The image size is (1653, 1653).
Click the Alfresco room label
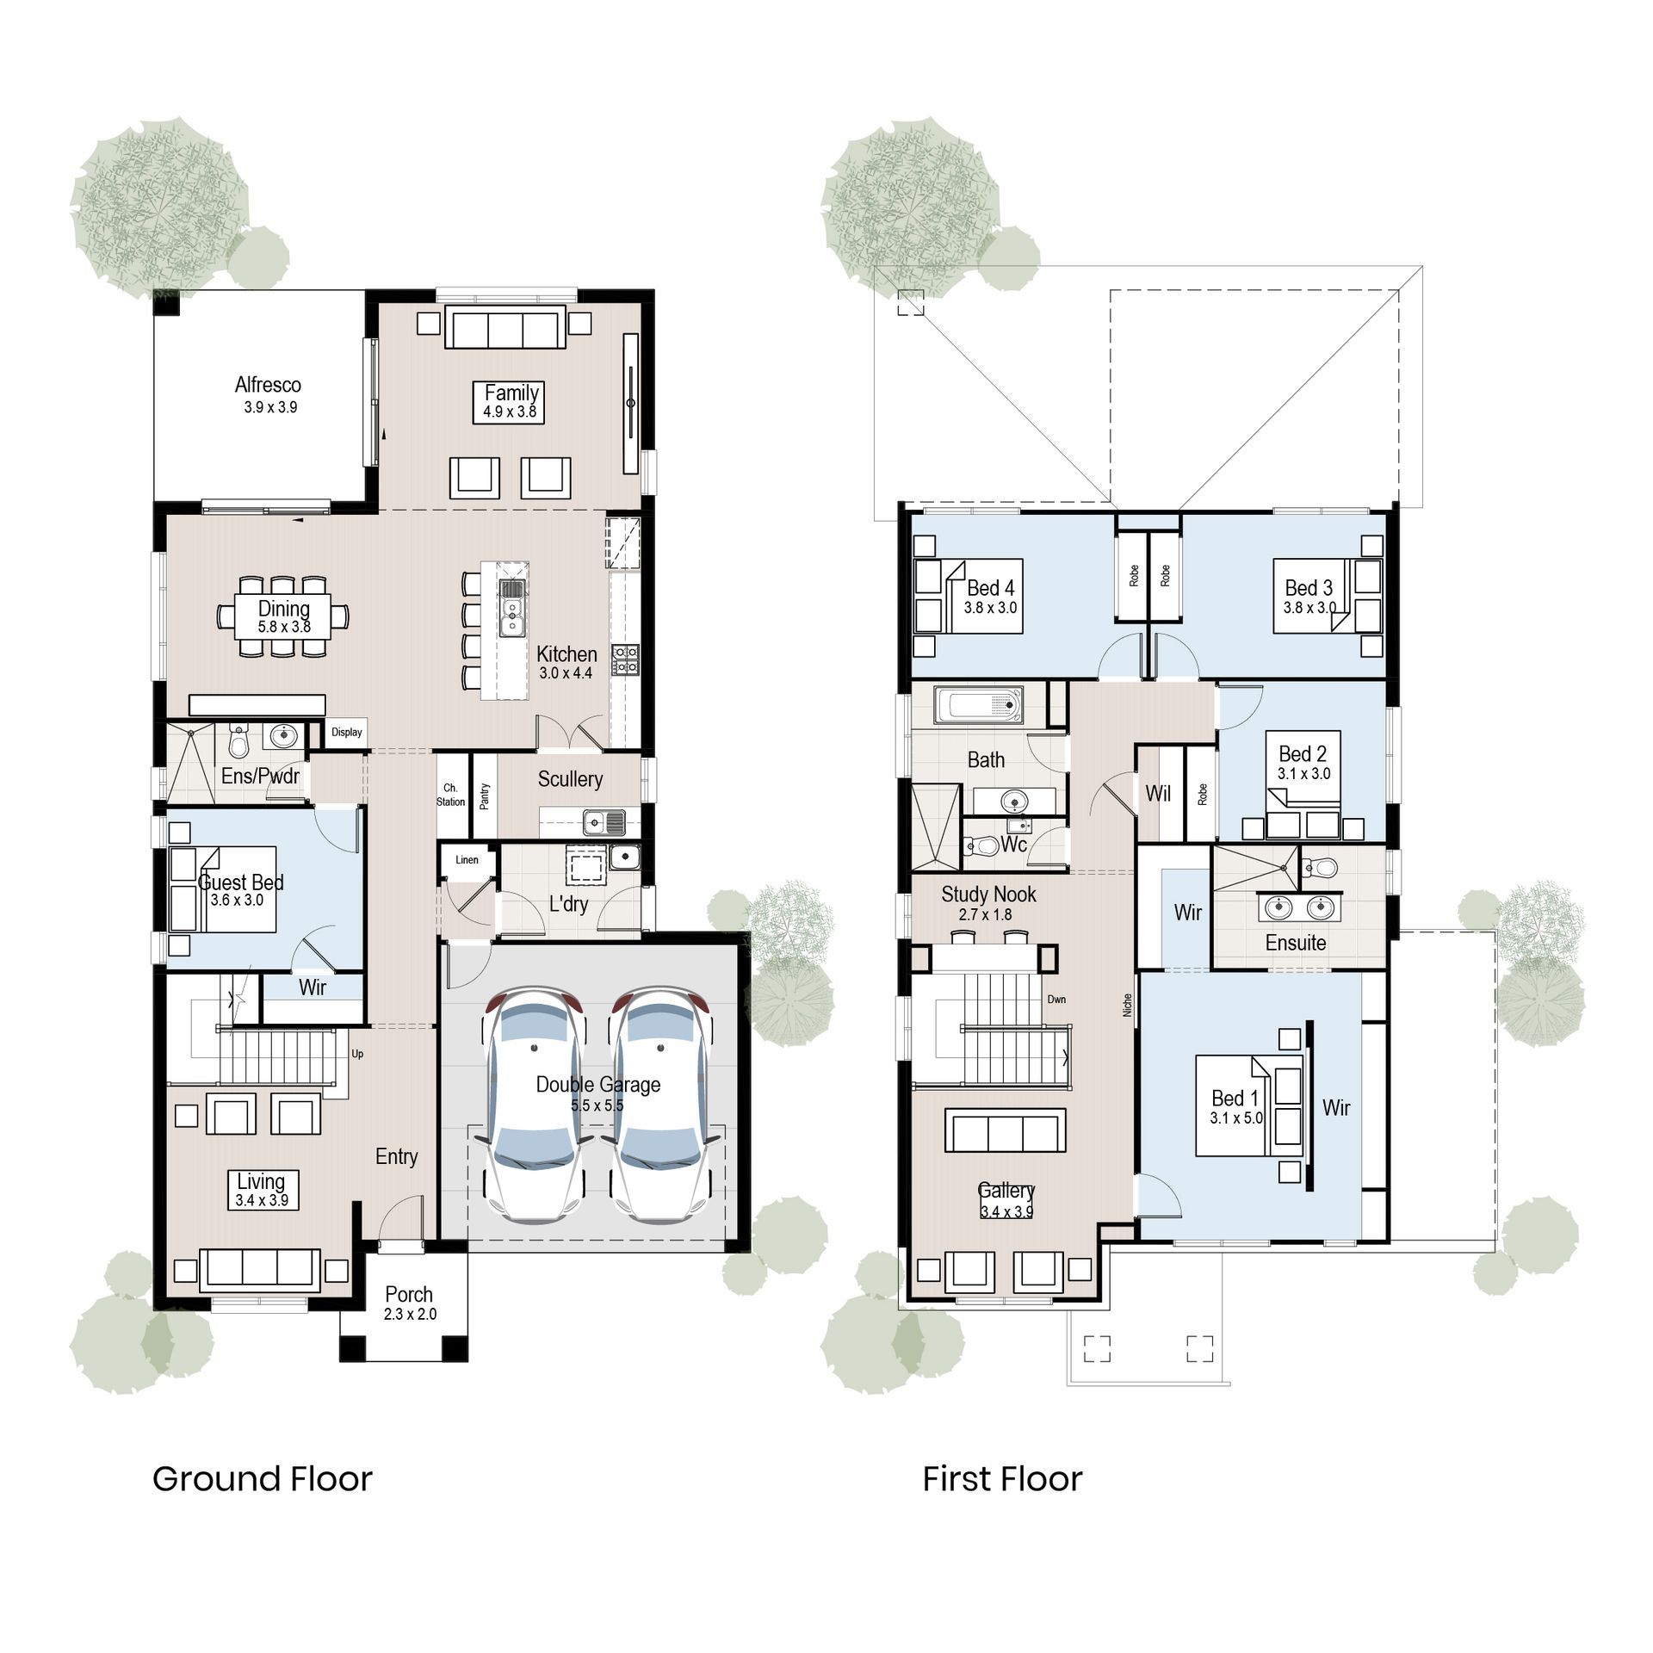[x=268, y=385]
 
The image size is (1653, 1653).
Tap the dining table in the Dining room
[x=283, y=616]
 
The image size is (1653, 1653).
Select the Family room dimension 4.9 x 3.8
[x=510, y=412]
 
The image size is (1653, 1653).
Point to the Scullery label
[x=570, y=779]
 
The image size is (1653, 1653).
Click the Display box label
[x=347, y=733]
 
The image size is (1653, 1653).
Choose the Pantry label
[x=485, y=796]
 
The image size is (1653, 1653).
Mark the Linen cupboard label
[x=467, y=860]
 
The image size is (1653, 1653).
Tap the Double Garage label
[x=598, y=1085]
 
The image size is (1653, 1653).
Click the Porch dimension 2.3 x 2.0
[x=410, y=1315]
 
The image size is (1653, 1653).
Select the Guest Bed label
[x=241, y=882]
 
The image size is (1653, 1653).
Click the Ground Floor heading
[x=263, y=1479]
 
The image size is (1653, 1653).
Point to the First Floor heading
[x=1002, y=1479]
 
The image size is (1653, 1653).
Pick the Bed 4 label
[x=991, y=588]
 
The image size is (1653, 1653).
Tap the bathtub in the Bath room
[x=980, y=706]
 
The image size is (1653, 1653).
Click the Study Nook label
[x=988, y=895]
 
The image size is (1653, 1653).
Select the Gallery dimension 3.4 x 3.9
[x=1006, y=1212]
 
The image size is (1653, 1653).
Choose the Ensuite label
[x=1296, y=943]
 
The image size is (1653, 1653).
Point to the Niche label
[x=1128, y=1006]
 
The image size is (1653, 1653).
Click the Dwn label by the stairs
[x=1056, y=1000]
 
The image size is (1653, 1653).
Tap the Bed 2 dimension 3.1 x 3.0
[x=1303, y=774]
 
